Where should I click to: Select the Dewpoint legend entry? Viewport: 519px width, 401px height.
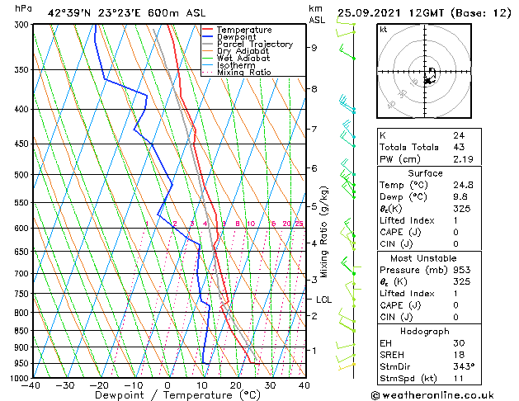(x=237, y=37)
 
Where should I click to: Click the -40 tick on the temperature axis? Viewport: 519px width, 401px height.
(x=32, y=385)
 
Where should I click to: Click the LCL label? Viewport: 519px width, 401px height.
(x=323, y=300)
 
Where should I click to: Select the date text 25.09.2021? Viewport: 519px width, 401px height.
(x=370, y=12)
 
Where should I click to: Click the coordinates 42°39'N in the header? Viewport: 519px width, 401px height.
(x=69, y=12)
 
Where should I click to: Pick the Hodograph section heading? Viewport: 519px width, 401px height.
(x=426, y=331)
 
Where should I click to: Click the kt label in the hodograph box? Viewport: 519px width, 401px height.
(x=384, y=30)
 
